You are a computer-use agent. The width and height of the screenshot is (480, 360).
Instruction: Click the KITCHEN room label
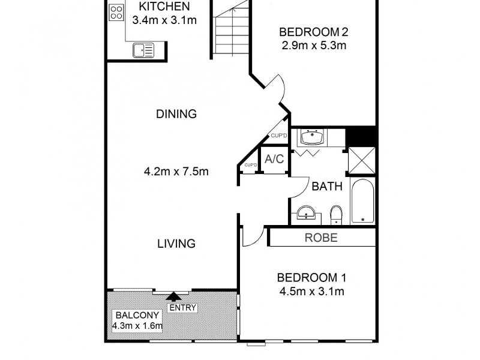[x=164, y=7]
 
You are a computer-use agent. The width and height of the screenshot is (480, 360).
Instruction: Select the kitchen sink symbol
[x=143, y=50]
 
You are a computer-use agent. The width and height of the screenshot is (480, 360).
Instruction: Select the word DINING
[x=176, y=114]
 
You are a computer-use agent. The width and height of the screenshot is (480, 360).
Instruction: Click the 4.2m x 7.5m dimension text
[x=176, y=172]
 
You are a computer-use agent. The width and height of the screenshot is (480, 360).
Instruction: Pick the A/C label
[x=274, y=160]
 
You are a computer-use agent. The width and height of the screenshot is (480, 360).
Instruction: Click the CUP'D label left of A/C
[x=250, y=165]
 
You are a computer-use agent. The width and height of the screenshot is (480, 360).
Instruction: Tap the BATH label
[x=326, y=186]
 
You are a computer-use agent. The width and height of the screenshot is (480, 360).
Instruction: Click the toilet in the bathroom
[x=337, y=214]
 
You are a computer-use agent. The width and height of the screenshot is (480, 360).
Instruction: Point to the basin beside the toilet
[x=307, y=213]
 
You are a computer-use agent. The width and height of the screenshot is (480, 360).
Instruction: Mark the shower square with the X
[x=362, y=160]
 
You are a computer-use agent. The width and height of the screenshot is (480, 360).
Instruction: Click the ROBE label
[x=322, y=238]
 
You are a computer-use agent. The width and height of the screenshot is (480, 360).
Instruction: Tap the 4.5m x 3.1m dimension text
[x=311, y=292]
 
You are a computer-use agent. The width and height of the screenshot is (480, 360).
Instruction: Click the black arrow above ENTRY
[x=175, y=295]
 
